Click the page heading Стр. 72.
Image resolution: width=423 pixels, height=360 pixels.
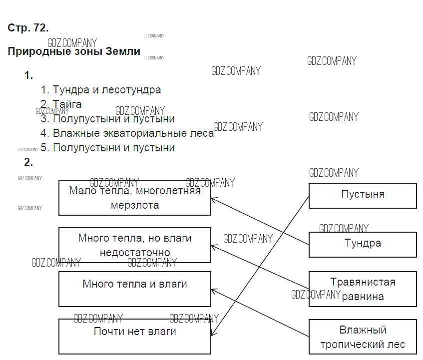click(28, 28)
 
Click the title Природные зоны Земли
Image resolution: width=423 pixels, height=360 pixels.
click(74, 51)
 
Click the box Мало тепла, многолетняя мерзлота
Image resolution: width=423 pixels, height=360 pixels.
click(135, 198)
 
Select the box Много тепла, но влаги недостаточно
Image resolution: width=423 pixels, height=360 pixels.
click(135, 245)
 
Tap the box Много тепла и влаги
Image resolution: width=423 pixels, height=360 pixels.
click(135, 289)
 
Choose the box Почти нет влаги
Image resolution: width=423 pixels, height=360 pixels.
click(135, 336)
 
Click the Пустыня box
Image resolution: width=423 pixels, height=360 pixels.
click(363, 195)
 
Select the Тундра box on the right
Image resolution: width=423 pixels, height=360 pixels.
click(363, 244)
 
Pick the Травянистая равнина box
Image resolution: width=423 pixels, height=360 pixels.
click(363, 289)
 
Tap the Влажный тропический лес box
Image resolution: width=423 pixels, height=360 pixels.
click(363, 337)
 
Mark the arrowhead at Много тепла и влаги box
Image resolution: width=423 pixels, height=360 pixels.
click(213, 290)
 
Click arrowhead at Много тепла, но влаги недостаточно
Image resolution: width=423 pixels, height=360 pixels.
click(213, 246)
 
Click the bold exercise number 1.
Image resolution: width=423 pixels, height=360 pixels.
click(28, 76)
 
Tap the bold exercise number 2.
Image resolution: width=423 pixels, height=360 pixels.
click(28, 162)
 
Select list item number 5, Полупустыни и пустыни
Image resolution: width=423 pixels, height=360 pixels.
click(108, 148)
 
